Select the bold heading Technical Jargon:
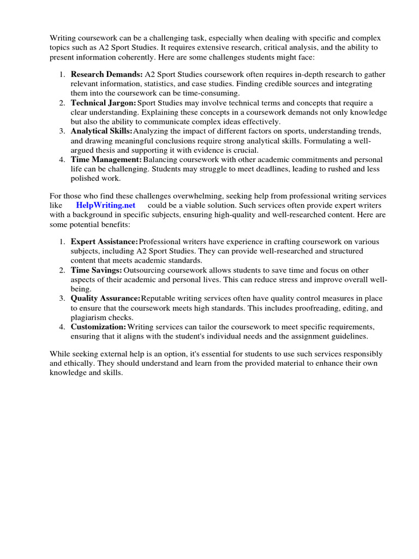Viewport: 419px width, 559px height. click(x=103, y=103)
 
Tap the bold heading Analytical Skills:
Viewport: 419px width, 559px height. click(x=101, y=131)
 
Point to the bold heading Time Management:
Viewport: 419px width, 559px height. click(x=106, y=159)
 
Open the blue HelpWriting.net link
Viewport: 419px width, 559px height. click(x=106, y=205)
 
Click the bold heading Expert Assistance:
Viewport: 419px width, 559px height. click(x=104, y=241)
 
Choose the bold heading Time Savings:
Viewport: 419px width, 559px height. click(x=96, y=270)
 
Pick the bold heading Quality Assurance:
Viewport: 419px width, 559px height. click(x=105, y=299)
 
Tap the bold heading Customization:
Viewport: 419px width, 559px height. click(x=98, y=327)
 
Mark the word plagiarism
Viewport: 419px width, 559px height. click(x=91, y=318)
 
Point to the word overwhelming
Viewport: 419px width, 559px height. click(x=212, y=195)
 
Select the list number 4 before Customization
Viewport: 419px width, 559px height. click(x=62, y=327)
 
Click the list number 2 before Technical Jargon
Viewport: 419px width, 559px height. click(x=62, y=103)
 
